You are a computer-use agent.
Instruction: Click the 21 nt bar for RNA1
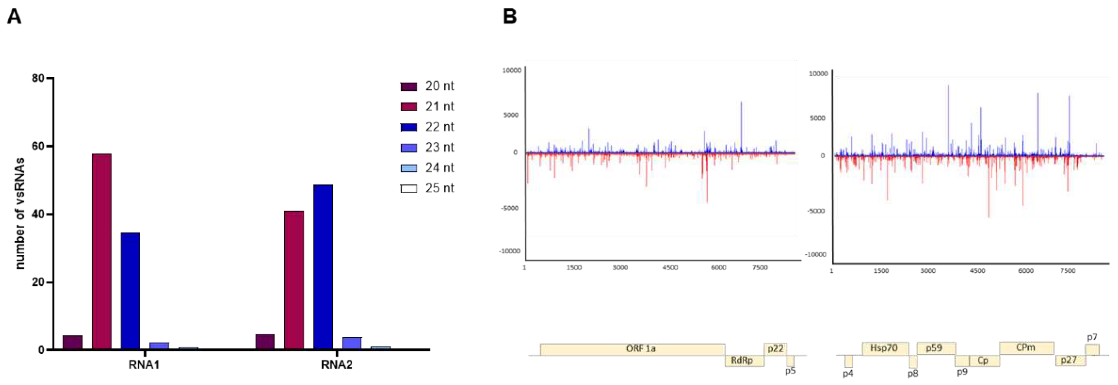coord(102,252)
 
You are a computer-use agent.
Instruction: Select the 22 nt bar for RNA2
coord(323,267)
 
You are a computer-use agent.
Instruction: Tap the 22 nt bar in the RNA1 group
coord(130,291)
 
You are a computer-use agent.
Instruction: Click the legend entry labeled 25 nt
coord(439,188)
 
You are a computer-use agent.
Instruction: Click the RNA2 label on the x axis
coord(337,365)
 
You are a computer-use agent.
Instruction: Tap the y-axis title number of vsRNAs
coord(20,213)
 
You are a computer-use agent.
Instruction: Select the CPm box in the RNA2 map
coord(1026,348)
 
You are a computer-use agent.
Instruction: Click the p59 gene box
coord(935,348)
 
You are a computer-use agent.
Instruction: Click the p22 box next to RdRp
coord(775,349)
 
